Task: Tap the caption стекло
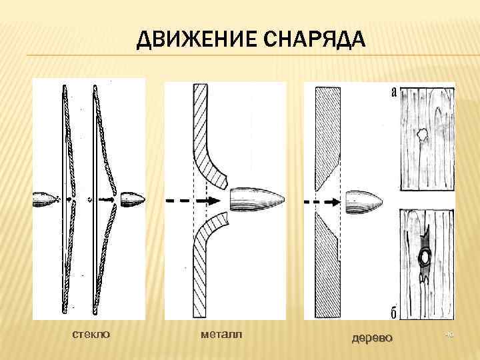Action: (91, 333)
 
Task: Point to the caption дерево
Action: (372, 337)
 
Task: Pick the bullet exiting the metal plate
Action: (257, 199)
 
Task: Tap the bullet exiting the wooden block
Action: (363, 199)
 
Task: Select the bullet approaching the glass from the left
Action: (45, 199)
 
